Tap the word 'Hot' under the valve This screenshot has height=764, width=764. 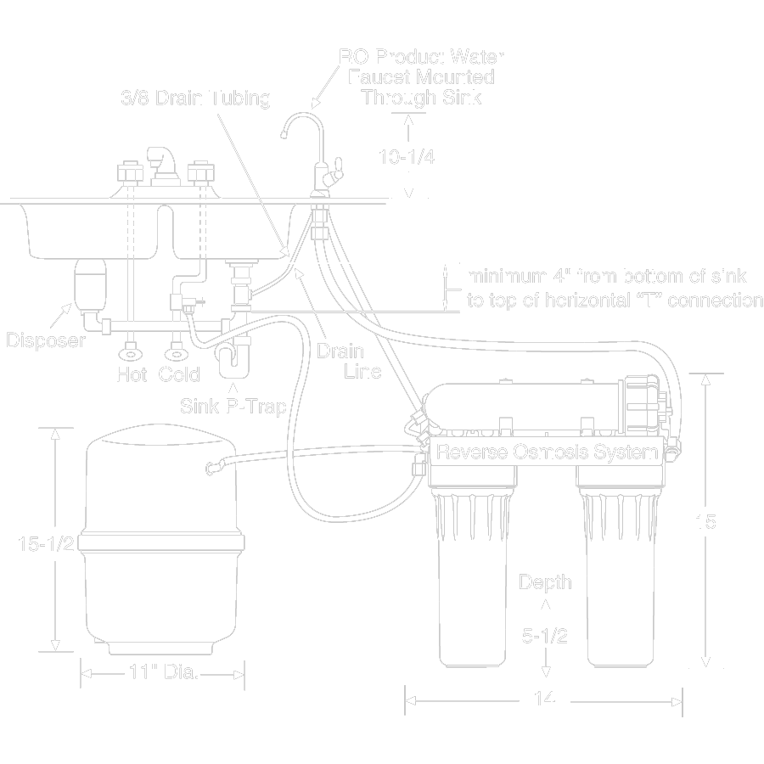coord(132,374)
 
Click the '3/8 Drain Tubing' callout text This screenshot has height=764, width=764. coord(195,98)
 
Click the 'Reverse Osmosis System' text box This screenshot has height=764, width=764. coord(548,452)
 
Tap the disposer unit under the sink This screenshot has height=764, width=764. coord(87,284)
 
